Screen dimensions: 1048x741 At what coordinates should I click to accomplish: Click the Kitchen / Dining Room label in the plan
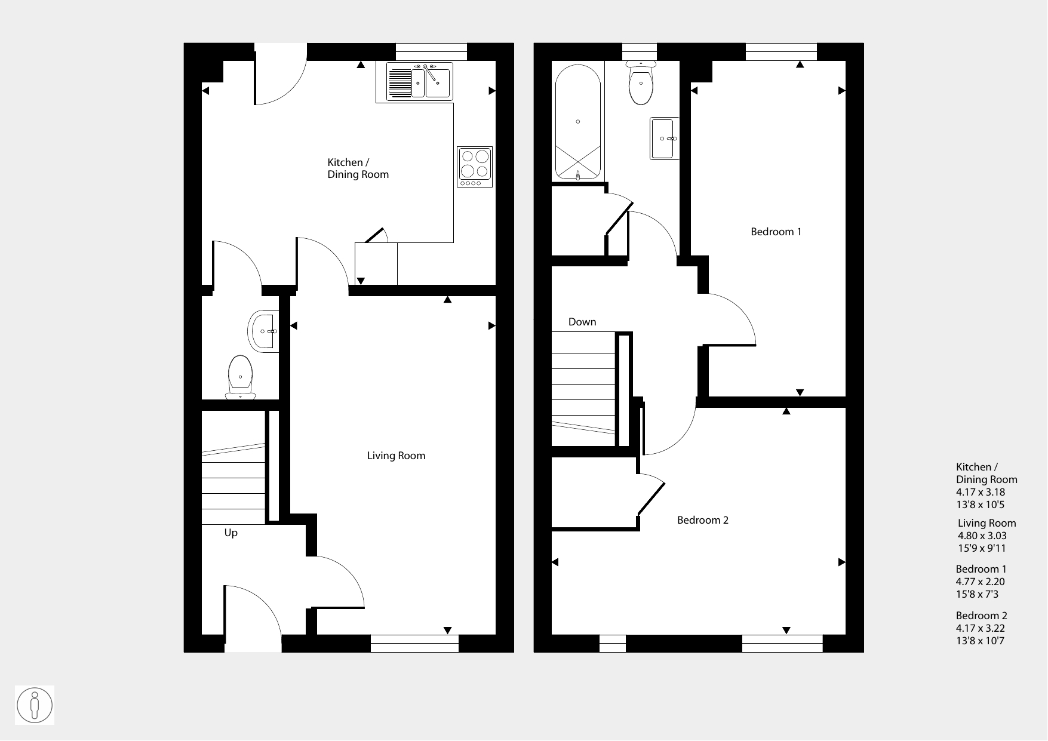tap(358, 168)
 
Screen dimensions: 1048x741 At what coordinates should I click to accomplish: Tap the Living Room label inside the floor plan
tap(397, 456)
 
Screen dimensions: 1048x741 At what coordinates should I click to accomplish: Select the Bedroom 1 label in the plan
tap(776, 232)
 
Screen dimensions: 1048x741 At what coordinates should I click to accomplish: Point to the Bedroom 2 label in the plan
tap(703, 520)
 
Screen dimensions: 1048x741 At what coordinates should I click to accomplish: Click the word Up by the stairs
tap(231, 533)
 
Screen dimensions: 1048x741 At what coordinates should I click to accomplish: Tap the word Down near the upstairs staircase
tap(582, 322)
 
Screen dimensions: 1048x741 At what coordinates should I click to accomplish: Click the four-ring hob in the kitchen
tap(475, 167)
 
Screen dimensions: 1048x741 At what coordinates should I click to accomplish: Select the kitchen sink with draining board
tap(419, 81)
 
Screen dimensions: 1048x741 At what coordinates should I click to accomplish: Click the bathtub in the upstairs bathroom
tap(578, 122)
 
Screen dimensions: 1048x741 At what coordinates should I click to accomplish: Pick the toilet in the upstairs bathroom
tap(641, 82)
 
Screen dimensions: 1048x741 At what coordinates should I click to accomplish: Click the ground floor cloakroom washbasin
tap(263, 331)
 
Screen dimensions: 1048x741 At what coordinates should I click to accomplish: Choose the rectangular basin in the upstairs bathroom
tap(665, 139)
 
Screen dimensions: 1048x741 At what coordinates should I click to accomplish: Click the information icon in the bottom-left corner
tap(35, 705)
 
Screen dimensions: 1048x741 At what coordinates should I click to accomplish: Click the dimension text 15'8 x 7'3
tap(977, 594)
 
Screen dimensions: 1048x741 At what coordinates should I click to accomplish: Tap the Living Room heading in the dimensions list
tap(987, 523)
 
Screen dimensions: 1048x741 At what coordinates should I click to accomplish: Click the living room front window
tap(414, 643)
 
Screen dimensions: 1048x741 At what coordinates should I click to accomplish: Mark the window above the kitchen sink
tap(431, 52)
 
